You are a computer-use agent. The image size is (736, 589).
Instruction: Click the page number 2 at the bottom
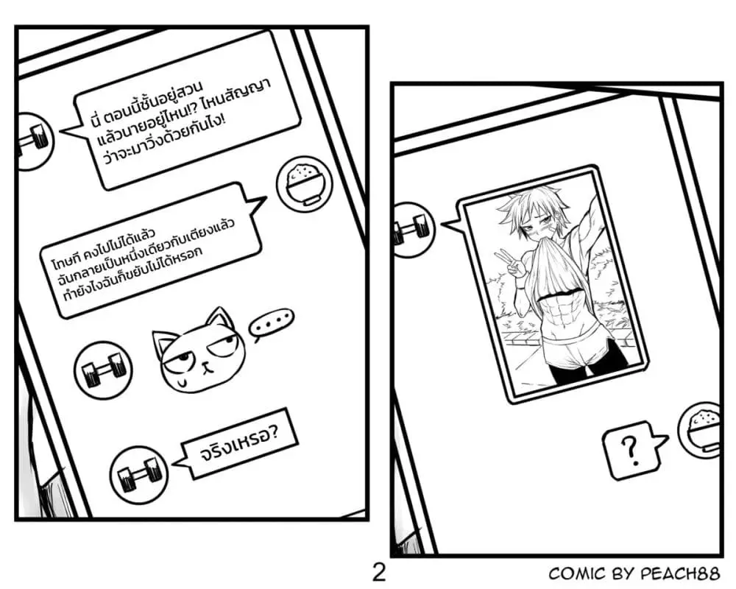(x=379, y=573)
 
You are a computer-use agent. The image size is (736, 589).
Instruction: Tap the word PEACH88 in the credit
(x=680, y=574)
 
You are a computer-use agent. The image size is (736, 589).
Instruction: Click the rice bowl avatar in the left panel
(x=305, y=183)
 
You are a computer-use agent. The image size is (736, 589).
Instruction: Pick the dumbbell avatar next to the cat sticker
(x=104, y=370)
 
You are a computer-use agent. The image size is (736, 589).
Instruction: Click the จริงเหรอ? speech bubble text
(x=240, y=443)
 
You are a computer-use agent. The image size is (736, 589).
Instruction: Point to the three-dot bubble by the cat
(x=272, y=324)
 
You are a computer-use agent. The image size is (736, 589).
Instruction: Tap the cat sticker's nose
(x=205, y=364)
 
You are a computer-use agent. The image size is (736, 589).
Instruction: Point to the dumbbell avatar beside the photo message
(x=413, y=230)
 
